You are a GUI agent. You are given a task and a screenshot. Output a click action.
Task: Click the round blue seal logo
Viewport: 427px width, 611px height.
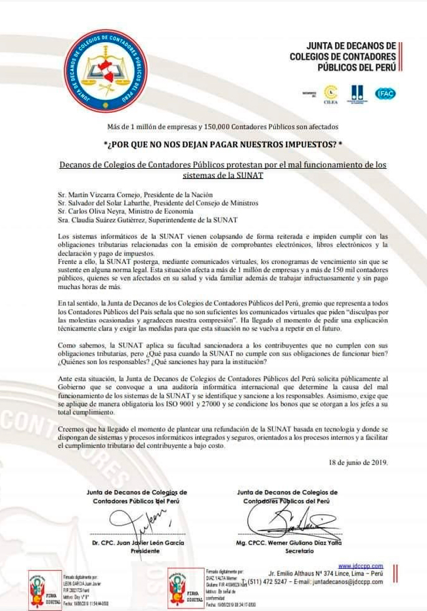[x=106, y=70]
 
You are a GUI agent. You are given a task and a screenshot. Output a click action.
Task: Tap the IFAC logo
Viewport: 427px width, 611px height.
[x=385, y=94]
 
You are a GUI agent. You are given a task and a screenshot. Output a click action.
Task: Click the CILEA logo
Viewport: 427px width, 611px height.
[x=330, y=95]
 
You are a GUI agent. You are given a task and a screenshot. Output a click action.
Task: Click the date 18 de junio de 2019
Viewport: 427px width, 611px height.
[x=358, y=462]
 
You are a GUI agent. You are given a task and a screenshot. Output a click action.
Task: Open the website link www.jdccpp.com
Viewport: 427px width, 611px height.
[x=361, y=566]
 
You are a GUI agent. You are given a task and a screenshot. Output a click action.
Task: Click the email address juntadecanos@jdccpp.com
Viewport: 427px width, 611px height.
[x=348, y=581]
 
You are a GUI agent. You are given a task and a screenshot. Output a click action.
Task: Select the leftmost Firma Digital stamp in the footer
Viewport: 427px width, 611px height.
[x=45, y=588]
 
